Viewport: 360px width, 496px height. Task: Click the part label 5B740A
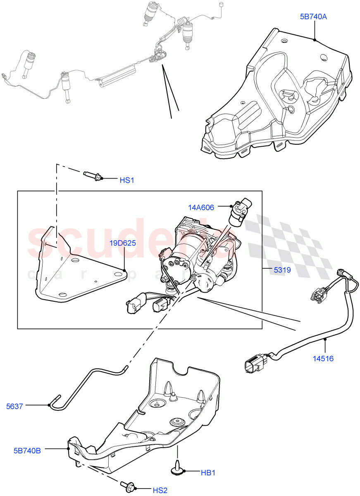pyautogui.click(x=313, y=17)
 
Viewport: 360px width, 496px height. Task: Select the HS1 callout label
pyautogui.click(x=127, y=181)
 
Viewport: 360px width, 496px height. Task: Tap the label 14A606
pyautogui.click(x=201, y=207)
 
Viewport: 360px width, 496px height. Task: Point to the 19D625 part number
pyautogui.click(x=123, y=243)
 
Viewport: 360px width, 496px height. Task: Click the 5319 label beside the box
pyautogui.click(x=282, y=270)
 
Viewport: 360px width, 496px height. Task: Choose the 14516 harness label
pyautogui.click(x=323, y=358)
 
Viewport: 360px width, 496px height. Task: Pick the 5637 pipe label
pyautogui.click(x=14, y=406)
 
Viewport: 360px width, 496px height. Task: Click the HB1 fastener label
pyautogui.click(x=208, y=473)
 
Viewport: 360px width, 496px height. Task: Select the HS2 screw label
pyautogui.click(x=160, y=491)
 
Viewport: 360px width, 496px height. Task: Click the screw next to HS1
pyautogui.click(x=93, y=176)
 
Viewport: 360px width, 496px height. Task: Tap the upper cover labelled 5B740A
pyautogui.click(x=277, y=95)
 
